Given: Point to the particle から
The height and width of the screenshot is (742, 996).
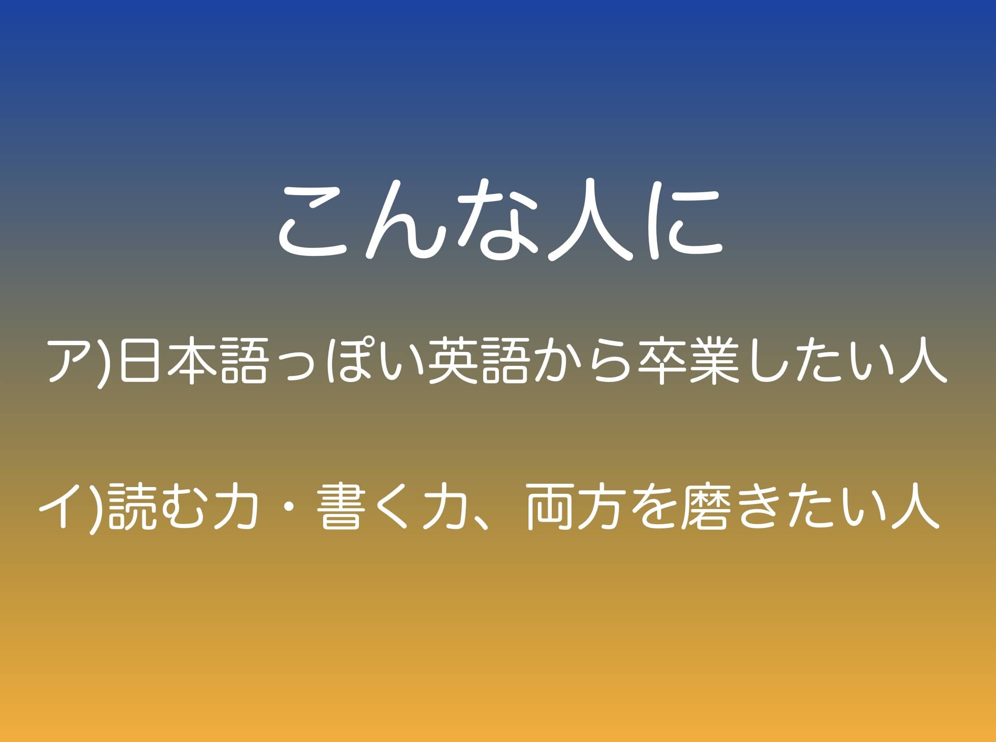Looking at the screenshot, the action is pyautogui.click(x=584, y=361).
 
